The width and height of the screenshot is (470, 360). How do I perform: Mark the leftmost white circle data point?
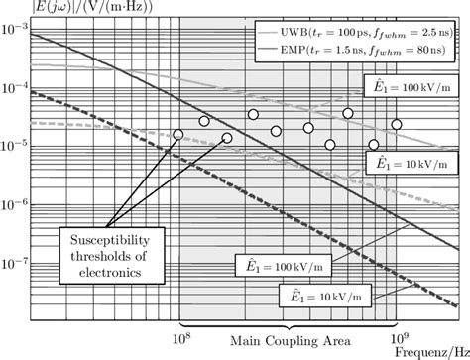178,134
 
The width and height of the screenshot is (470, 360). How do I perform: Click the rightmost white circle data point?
397,125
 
